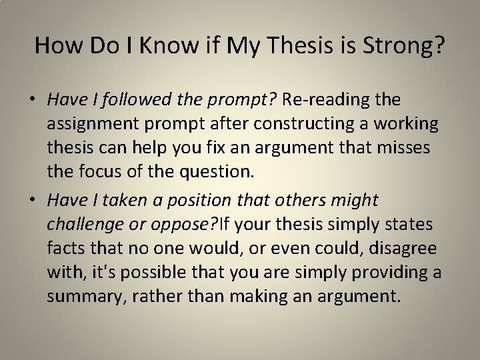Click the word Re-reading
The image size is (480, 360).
[x=329, y=100]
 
